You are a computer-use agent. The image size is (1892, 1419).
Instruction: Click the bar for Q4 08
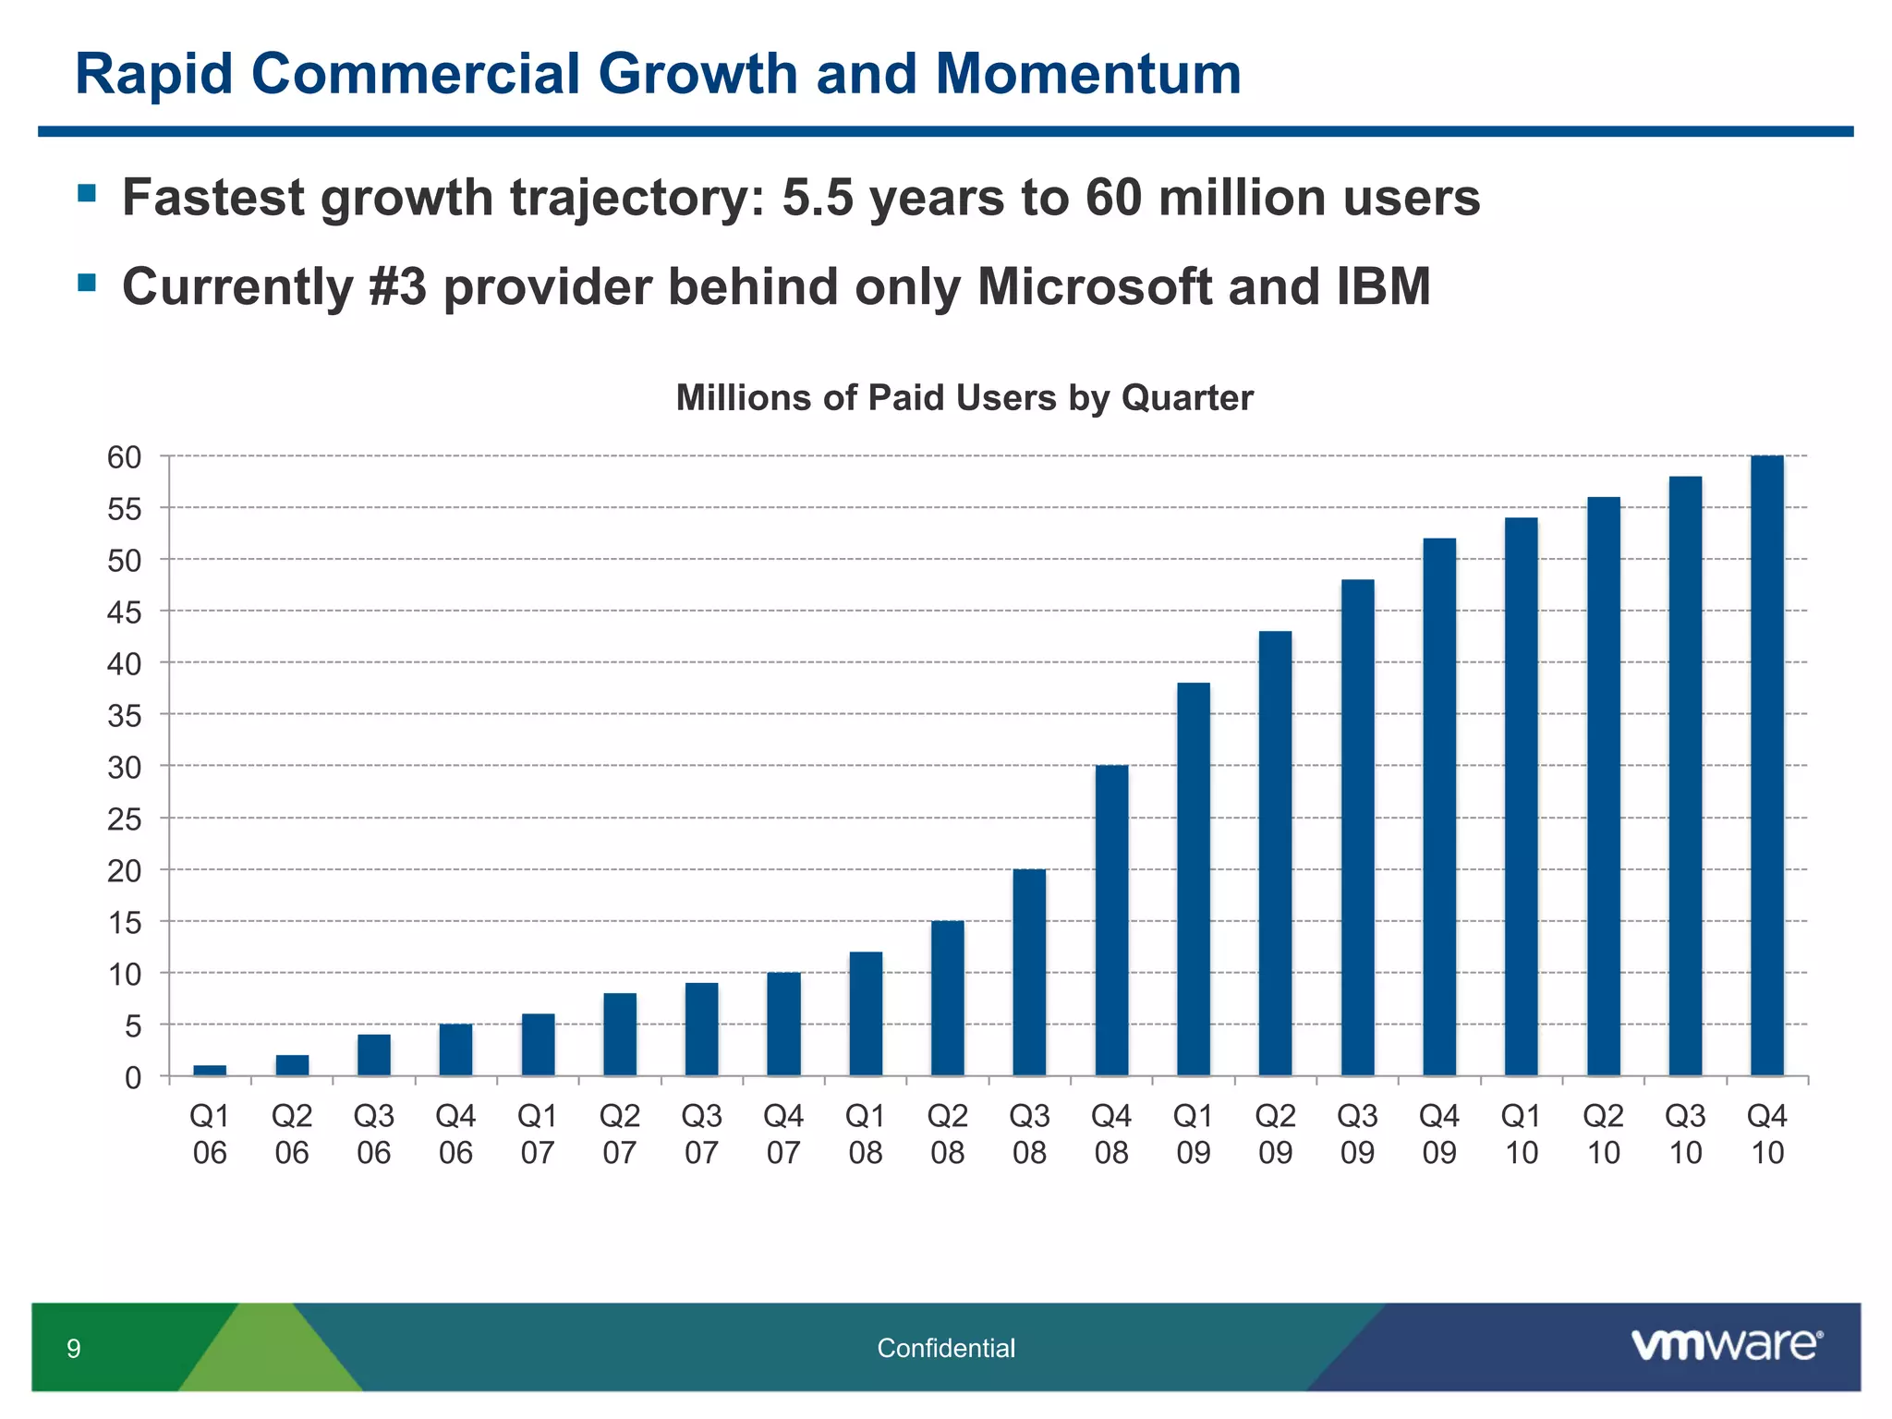coord(1111,921)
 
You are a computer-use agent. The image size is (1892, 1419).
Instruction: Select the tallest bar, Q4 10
coord(1766,767)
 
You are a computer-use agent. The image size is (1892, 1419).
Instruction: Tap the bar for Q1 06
coord(210,1071)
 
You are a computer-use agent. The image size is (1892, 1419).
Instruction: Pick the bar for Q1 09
coord(1194,879)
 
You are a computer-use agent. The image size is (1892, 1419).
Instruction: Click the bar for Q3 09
coord(1357,828)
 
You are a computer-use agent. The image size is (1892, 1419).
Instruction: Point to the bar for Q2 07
coord(620,1035)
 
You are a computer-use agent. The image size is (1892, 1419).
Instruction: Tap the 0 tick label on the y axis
coord(133,1077)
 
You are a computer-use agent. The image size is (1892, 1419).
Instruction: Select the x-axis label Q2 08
coord(947,1134)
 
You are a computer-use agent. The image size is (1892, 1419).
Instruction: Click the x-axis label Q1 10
coord(1521,1134)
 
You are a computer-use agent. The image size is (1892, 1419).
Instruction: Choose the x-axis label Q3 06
coord(374,1134)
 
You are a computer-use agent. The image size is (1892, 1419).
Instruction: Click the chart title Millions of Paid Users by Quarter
coord(964,398)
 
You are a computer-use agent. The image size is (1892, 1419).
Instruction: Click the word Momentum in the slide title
coord(1087,74)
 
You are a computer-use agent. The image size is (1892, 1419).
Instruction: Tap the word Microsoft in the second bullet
coord(1095,286)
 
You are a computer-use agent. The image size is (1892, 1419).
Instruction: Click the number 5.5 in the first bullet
coord(817,198)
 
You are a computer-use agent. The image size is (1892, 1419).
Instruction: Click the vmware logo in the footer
coord(1726,1345)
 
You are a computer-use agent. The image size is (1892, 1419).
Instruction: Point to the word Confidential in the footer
coord(945,1349)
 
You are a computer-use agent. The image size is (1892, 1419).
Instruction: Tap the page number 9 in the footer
coord(74,1350)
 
